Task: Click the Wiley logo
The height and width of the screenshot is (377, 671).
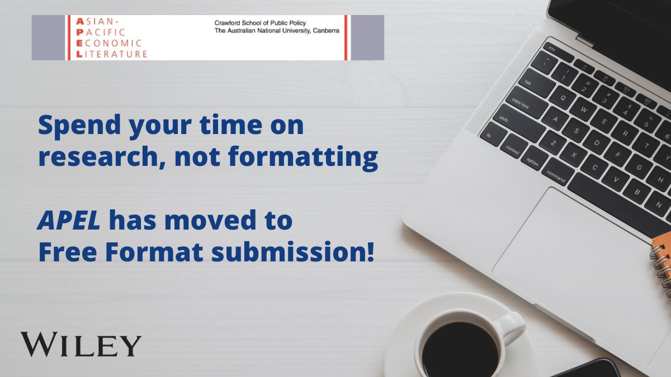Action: (81, 345)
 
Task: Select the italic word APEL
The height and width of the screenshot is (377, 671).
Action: (69, 221)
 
